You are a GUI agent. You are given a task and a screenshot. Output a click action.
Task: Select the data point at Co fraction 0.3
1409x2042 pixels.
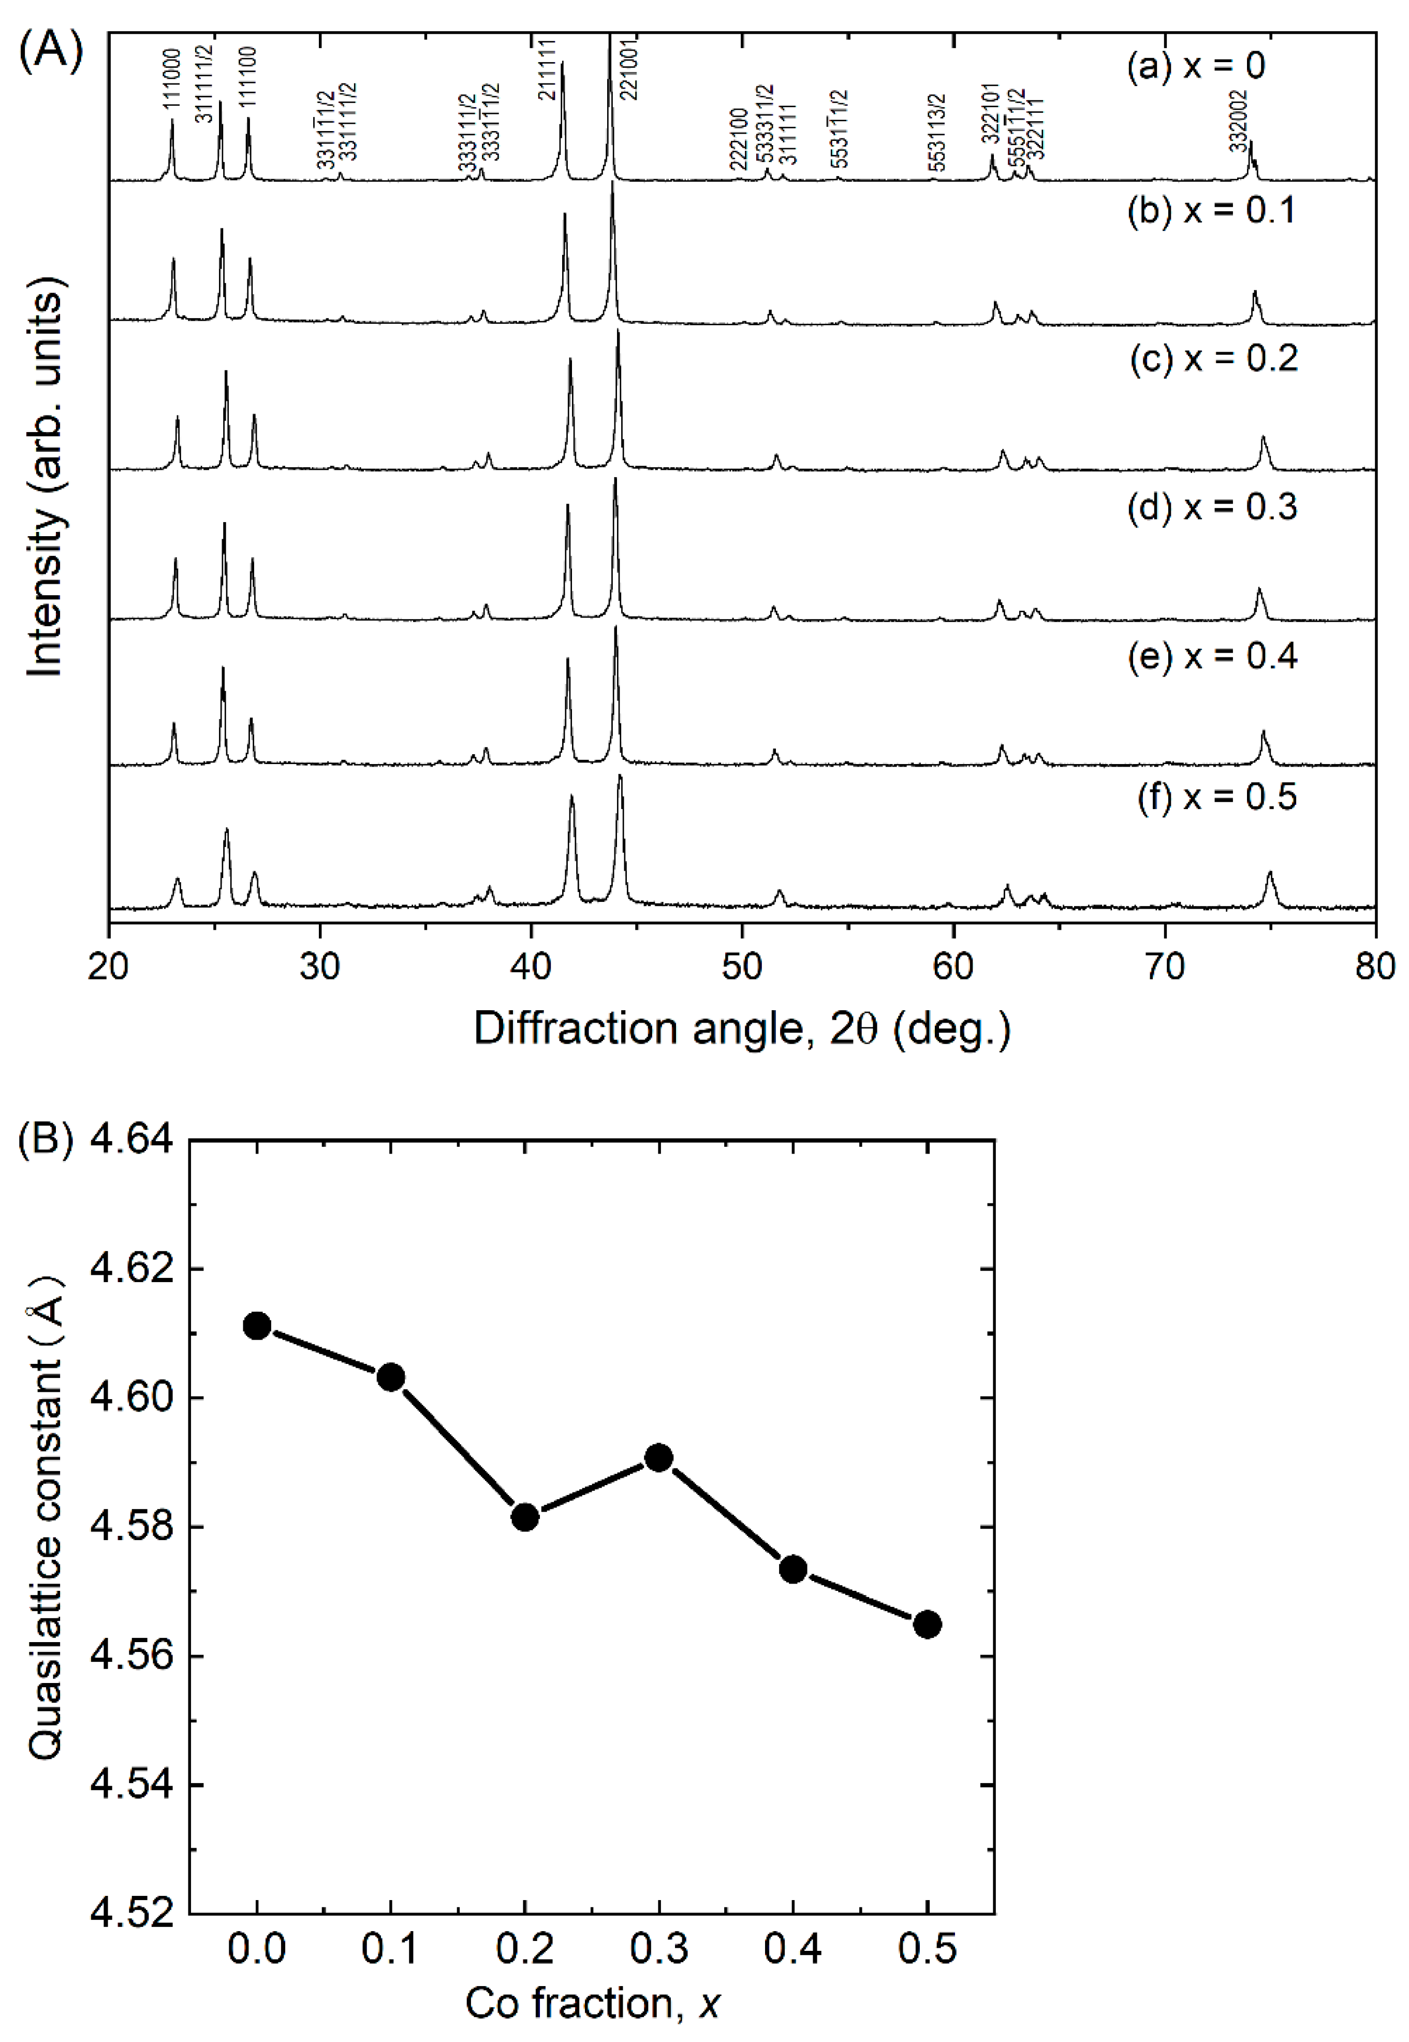pyautogui.click(x=658, y=1457)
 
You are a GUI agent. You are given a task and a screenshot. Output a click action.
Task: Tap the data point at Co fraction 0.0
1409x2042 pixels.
pyautogui.click(x=257, y=1326)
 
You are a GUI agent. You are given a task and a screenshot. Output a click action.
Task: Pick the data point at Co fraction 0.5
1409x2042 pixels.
pyautogui.click(x=927, y=1624)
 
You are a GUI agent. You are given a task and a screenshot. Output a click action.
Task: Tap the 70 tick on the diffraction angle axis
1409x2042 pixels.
pyautogui.click(x=1164, y=966)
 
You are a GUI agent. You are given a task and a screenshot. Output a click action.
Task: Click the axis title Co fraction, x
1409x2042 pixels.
pyautogui.click(x=592, y=2003)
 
